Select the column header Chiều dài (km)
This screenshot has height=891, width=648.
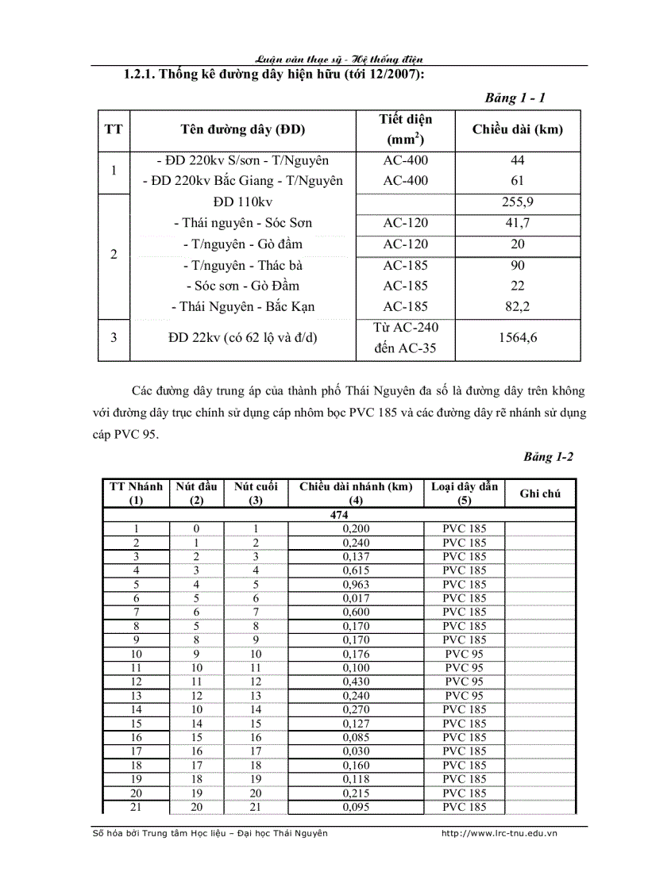click(517, 129)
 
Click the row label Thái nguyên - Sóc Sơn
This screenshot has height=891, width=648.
click(242, 223)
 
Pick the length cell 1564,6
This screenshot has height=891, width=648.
click(517, 337)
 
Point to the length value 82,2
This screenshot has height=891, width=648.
click(517, 306)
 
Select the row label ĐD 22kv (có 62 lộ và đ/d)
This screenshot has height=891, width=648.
click(242, 337)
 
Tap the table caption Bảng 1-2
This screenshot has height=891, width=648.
click(548, 457)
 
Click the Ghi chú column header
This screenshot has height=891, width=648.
click(540, 494)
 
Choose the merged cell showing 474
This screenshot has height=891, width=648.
click(339, 515)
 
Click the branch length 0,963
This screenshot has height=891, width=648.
click(356, 585)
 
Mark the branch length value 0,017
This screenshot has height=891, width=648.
click(356, 598)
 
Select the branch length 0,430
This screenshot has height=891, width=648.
click(356, 682)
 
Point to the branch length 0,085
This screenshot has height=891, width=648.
click(356, 737)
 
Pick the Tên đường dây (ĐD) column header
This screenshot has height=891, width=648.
click(242, 129)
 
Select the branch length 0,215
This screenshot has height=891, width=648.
click(356, 793)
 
